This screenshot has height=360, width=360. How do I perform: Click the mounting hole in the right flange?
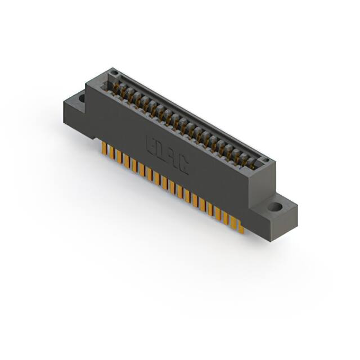(x=275, y=206)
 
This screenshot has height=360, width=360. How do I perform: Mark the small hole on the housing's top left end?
(x=115, y=74)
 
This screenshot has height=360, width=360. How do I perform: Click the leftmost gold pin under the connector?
(x=103, y=147)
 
